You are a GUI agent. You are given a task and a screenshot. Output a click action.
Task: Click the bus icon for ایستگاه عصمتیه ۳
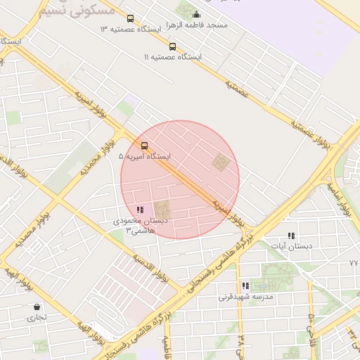(x=129, y=19)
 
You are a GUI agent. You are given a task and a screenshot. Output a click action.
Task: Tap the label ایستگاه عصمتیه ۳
(x=131, y=29)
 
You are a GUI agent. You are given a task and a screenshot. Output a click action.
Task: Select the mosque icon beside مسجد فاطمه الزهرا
(x=195, y=15)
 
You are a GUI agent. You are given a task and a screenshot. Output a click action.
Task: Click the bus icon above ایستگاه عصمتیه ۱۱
(x=173, y=46)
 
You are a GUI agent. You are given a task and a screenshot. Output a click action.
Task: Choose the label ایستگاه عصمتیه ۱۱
(x=173, y=56)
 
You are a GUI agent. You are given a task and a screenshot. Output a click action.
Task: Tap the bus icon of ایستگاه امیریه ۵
(x=145, y=146)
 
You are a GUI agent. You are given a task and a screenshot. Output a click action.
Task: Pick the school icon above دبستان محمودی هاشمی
(x=140, y=210)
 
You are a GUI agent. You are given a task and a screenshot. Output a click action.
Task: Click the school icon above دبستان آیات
(x=291, y=236)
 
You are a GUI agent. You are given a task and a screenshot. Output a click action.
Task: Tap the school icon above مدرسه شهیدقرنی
(x=245, y=286)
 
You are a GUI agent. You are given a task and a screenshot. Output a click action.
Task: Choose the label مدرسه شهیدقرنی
(x=245, y=296)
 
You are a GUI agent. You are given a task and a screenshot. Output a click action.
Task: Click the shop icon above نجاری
(x=37, y=307)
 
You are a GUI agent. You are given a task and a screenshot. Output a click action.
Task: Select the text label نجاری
(x=37, y=317)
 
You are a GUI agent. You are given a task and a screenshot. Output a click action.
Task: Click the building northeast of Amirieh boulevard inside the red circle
(x=221, y=163)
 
